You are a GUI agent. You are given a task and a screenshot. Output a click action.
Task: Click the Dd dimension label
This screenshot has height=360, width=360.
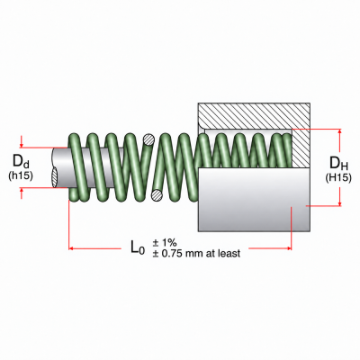coord(21,162)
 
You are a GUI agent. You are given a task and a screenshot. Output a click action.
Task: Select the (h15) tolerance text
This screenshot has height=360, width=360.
coord(21,175)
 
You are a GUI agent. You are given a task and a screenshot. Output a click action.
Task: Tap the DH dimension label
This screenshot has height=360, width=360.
coord(338,164)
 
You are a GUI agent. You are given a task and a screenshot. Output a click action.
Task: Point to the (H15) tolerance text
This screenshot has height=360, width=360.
coord(338,177)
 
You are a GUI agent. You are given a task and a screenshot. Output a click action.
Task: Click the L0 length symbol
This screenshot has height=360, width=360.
coord(138,247)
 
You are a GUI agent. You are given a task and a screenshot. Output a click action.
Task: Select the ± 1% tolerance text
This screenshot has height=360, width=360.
coord(165,243)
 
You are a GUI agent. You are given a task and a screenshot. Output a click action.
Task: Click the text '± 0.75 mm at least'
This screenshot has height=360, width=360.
coord(196,254)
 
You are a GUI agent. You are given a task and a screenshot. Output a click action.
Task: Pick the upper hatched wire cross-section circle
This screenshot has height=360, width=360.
coord(148,139)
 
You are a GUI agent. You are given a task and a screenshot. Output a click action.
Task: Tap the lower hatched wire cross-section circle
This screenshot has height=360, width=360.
coord(157,195)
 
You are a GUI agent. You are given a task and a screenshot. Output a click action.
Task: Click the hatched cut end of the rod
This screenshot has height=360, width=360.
coord(55,177)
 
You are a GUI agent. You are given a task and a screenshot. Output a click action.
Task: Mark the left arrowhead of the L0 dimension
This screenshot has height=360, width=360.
coord(71,248)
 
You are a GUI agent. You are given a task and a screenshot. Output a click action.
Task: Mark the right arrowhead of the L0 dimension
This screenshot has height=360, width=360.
coord(289,248)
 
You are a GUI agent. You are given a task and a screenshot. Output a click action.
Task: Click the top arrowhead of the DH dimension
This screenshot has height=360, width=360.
coord(340,131)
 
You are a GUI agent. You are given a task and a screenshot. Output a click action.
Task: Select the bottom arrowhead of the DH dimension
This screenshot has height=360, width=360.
coord(340,203)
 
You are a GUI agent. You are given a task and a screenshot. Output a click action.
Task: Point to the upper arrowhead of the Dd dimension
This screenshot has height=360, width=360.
coord(22,145)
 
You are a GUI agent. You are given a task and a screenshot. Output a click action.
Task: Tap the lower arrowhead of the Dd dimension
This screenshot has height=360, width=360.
coord(22,191)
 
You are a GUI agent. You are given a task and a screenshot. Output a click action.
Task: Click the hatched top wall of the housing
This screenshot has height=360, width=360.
coord(254,116)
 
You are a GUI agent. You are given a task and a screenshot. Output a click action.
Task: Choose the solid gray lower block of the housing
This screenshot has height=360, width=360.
coord(254,200)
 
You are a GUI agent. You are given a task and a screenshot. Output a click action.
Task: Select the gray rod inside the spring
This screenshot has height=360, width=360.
coord(90,167)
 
